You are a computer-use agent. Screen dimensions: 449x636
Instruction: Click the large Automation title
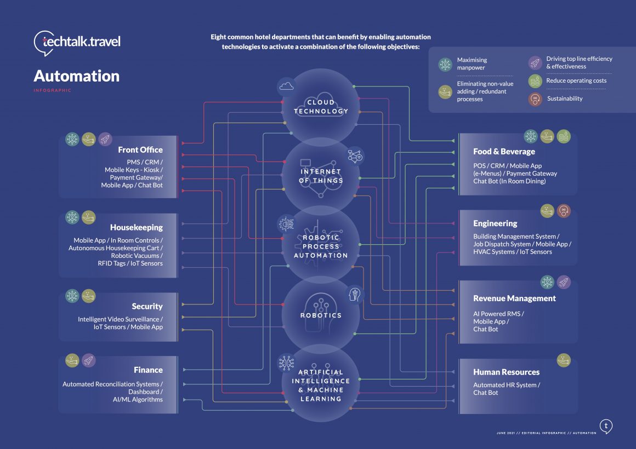pos(76,76)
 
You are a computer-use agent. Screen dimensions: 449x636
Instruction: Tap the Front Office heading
pos(140,149)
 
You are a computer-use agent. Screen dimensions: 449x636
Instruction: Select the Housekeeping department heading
pos(136,227)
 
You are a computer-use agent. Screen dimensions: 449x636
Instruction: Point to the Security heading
pos(147,306)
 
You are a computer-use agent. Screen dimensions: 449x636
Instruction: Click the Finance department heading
pos(148,370)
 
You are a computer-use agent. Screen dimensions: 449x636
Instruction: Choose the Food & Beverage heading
pos(504,152)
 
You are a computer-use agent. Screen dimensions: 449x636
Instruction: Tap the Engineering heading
pos(495,223)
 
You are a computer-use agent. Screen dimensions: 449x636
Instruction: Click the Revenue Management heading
pos(514,298)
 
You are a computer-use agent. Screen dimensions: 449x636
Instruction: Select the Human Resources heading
pos(506,372)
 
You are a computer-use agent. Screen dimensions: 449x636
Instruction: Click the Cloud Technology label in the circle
pos(321,107)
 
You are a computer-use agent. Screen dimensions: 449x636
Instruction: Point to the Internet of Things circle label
pos(321,176)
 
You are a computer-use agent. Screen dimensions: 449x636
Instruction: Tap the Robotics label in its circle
pos(321,315)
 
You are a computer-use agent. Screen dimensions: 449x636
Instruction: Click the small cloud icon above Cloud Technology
pos(286,85)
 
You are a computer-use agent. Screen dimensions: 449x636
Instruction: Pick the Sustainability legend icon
pos(535,99)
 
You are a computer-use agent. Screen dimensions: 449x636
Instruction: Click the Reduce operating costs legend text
pos(576,80)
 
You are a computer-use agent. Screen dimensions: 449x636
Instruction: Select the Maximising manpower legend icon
pos(445,64)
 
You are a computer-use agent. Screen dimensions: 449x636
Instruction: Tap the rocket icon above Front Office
pos(105,139)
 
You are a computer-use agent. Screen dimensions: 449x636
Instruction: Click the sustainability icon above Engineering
pos(563,210)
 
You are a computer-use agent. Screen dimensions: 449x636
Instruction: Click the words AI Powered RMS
pos(498,314)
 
